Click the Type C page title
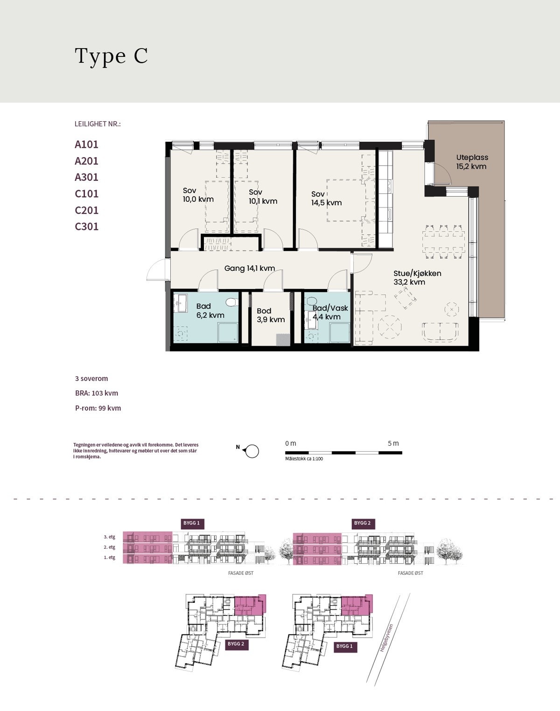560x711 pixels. (111, 56)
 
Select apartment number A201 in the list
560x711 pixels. (86, 161)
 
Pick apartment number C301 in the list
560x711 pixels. (86, 226)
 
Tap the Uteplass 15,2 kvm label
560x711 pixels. (472, 162)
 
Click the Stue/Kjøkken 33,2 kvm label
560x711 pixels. (417, 277)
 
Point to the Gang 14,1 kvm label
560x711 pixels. (249, 268)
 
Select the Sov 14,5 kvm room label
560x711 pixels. (326, 198)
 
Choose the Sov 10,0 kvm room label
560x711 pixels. (198, 195)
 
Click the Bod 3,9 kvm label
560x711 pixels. (271, 315)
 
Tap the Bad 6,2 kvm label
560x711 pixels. (210, 311)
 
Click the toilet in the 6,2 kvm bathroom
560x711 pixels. (231, 302)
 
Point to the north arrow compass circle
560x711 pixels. (252, 451)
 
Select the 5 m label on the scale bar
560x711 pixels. (393, 443)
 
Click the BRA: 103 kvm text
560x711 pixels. (97, 393)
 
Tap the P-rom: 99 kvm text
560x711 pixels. (98, 408)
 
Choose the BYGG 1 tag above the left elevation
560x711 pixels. (192, 523)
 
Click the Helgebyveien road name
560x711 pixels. (386, 638)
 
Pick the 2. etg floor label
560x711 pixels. (110, 547)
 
